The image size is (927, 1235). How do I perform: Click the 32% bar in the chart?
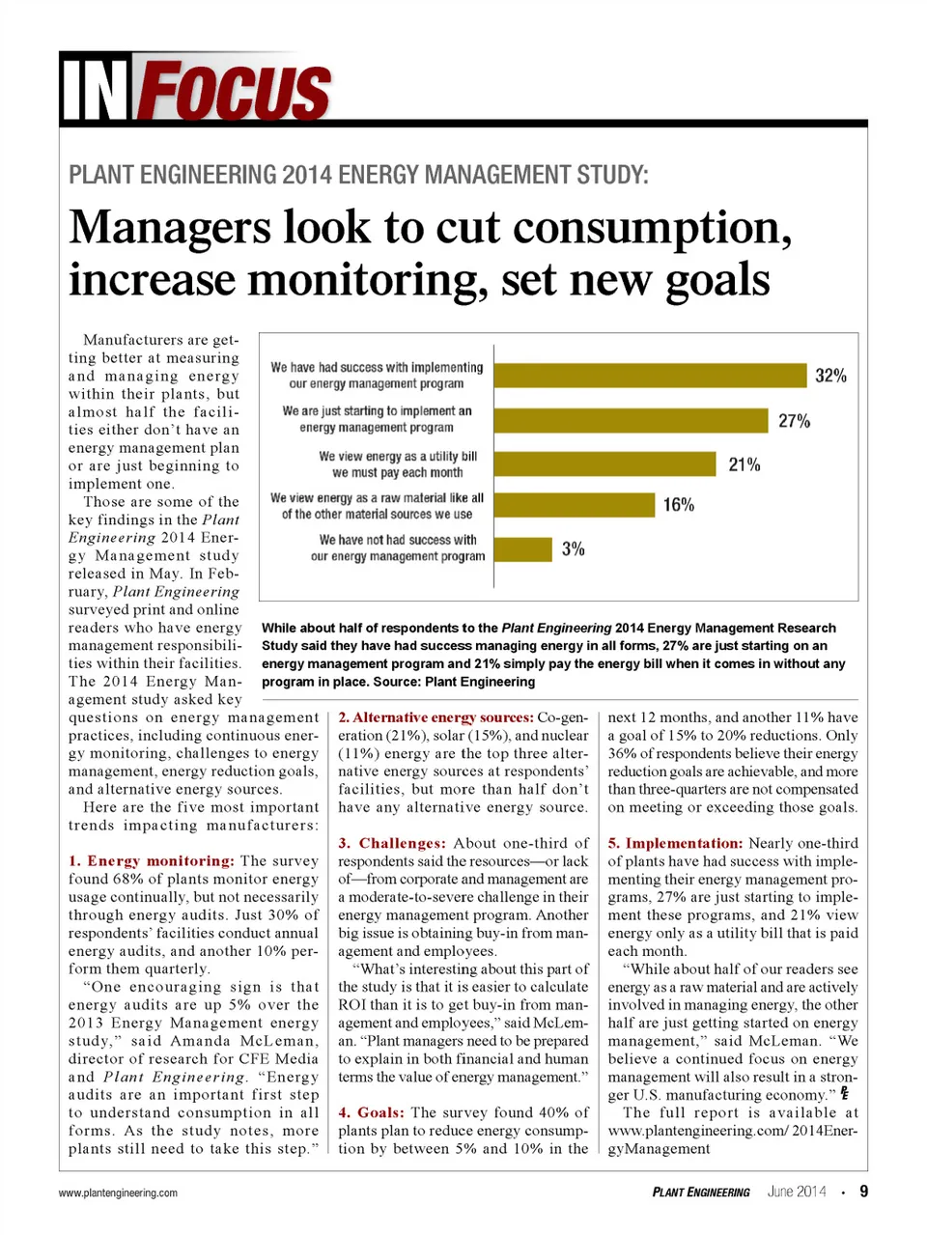[x=650, y=376]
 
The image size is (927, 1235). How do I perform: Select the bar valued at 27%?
[x=631, y=420]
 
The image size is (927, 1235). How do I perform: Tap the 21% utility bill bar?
[x=605, y=464]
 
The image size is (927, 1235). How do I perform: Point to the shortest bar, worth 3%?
[x=522, y=548]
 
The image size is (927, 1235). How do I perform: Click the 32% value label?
[x=830, y=376]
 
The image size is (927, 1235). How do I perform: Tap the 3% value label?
[x=574, y=548]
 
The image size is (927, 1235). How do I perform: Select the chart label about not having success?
[x=398, y=548]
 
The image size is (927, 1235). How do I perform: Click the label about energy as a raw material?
[x=378, y=506]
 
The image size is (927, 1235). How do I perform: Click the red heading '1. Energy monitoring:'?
[x=152, y=860]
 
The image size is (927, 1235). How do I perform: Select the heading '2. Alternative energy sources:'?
[x=435, y=717]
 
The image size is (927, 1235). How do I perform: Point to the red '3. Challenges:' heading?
[x=392, y=843]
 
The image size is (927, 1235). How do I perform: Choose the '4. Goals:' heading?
[x=371, y=1112]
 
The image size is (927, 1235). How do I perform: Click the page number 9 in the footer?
[x=863, y=1192]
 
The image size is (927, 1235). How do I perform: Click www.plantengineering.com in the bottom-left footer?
[x=118, y=1193]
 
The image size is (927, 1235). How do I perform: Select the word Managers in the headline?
[x=170, y=229]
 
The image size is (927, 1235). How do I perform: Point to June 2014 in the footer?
[x=797, y=1192]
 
